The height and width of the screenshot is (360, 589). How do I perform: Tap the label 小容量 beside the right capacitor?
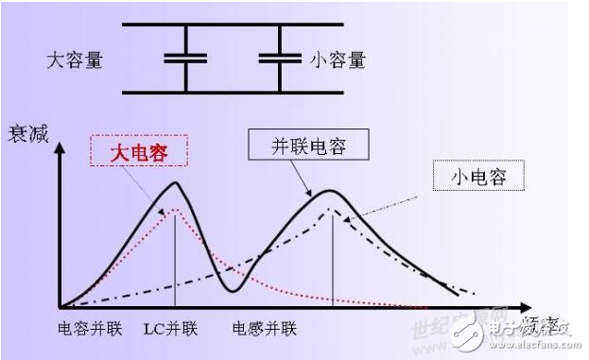click(x=338, y=60)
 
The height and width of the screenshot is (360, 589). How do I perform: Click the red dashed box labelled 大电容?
click(x=138, y=149)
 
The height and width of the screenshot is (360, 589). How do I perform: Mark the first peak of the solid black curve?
click(x=176, y=182)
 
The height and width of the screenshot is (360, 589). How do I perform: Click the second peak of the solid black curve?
click(x=330, y=191)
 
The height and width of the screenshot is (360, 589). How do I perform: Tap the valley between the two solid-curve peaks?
click(x=229, y=290)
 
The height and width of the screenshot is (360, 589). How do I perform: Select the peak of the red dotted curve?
click(x=175, y=210)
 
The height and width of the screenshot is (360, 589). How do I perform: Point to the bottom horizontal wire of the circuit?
click(x=232, y=93)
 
